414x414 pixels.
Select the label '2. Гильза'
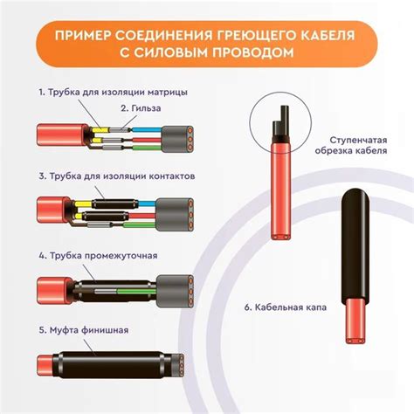point(141,108)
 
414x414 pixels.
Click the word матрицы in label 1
point(168,93)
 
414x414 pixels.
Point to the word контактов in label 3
point(172,176)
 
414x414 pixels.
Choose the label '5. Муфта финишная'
point(84,330)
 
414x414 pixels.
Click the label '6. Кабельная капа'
point(286,307)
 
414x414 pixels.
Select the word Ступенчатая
point(359,140)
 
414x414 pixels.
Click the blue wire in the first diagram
point(147,130)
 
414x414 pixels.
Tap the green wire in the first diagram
point(147,148)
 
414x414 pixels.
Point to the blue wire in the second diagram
point(148,204)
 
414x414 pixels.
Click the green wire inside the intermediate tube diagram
point(136,292)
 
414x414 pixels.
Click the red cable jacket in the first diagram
point(62,135)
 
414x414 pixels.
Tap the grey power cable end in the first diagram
point(177,139)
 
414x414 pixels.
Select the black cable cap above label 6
point(355,245)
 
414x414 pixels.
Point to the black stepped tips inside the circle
point(280,123)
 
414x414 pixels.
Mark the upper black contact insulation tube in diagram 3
point(115,204)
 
